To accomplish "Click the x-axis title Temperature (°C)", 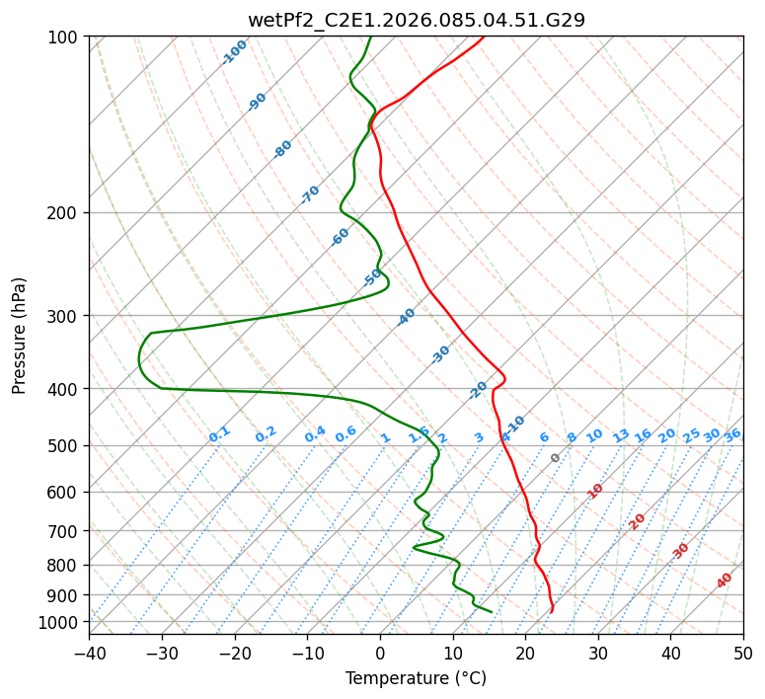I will (x=416, y=678).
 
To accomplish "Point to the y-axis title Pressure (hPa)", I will (x=20, y=336).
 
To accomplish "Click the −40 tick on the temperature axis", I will (x=89, y=653).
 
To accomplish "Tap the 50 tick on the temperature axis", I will (x=743, y=653).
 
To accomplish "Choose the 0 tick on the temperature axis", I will (x=380, y=653).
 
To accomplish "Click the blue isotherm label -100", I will (x=234, y=52).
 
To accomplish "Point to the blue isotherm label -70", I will (x=310, y=194).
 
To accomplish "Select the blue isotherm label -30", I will (x=440, y=354).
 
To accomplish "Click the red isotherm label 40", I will (x=725, y=581).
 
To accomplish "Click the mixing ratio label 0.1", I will (x=219, y=434).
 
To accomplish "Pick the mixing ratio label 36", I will (x=732, y=434).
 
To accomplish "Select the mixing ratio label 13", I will (x=621, y=435).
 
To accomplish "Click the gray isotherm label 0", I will (x=555, y=458).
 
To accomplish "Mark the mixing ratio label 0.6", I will (x=345, y=435).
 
